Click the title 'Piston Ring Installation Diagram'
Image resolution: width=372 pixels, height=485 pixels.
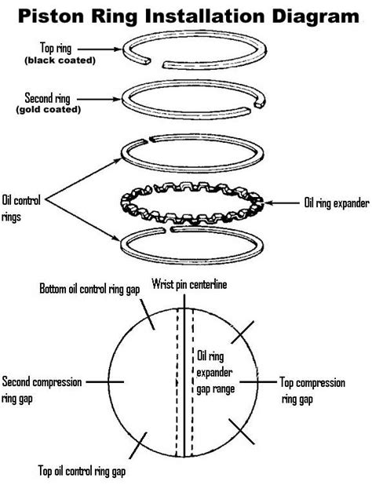(x=186, y=15)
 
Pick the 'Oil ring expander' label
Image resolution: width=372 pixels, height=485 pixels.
(x=335, y=202)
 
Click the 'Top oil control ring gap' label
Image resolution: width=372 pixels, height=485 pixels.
(x=92, y=472)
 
